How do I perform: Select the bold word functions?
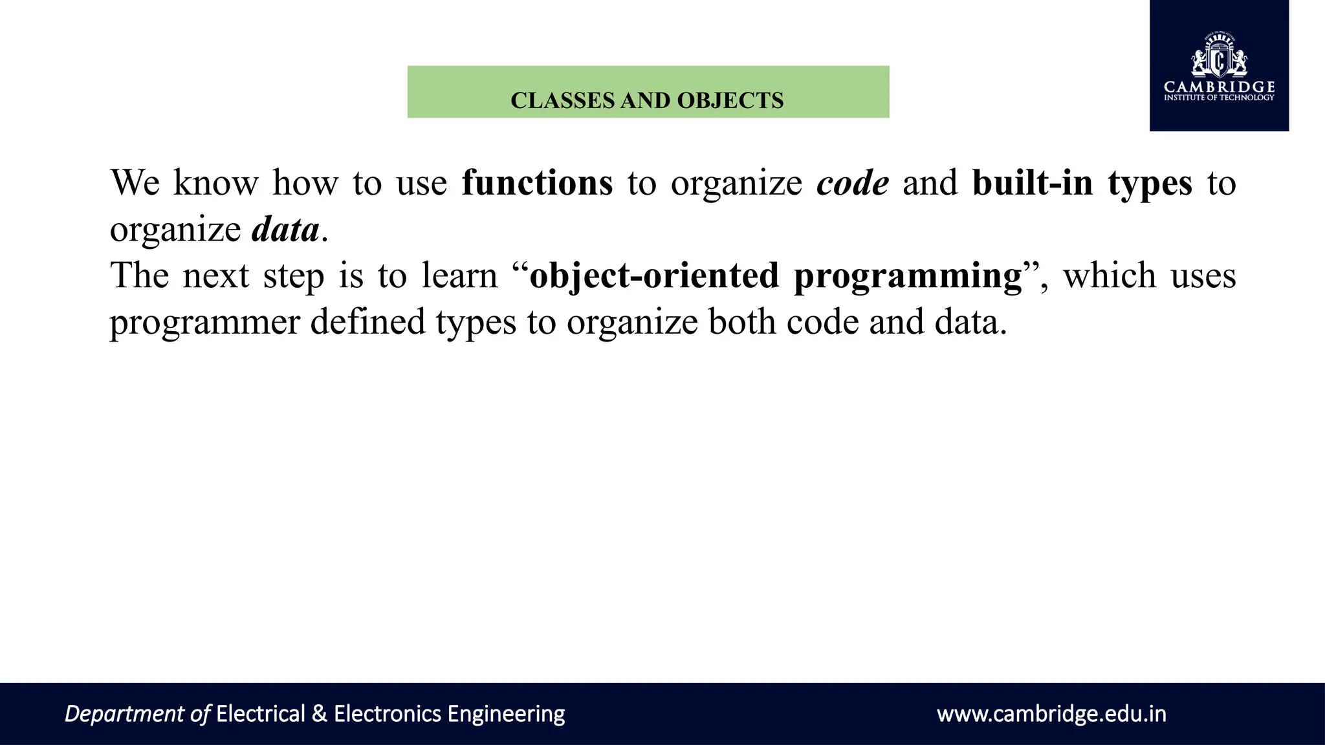[x=537, y=183]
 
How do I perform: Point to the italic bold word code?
[x=853, y=183]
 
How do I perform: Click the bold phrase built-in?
[x=1033, y=183]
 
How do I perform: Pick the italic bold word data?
[x=285, y=230]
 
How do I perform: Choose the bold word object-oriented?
[x=654, y=275]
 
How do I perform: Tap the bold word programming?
[x=908, y=277]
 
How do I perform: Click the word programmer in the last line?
[x=204, y=323]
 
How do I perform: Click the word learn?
[x=459, y=275]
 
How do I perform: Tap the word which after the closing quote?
[x=1109, y=275]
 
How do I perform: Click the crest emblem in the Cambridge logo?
[x=1219, y=57]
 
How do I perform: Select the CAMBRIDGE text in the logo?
[x=1219, y=87]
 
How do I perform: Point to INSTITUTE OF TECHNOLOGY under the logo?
[x=1219, y=98]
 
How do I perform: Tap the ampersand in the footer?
[x=319, y=714]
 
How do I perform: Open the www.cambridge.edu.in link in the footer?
[x=1051, y=714]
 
